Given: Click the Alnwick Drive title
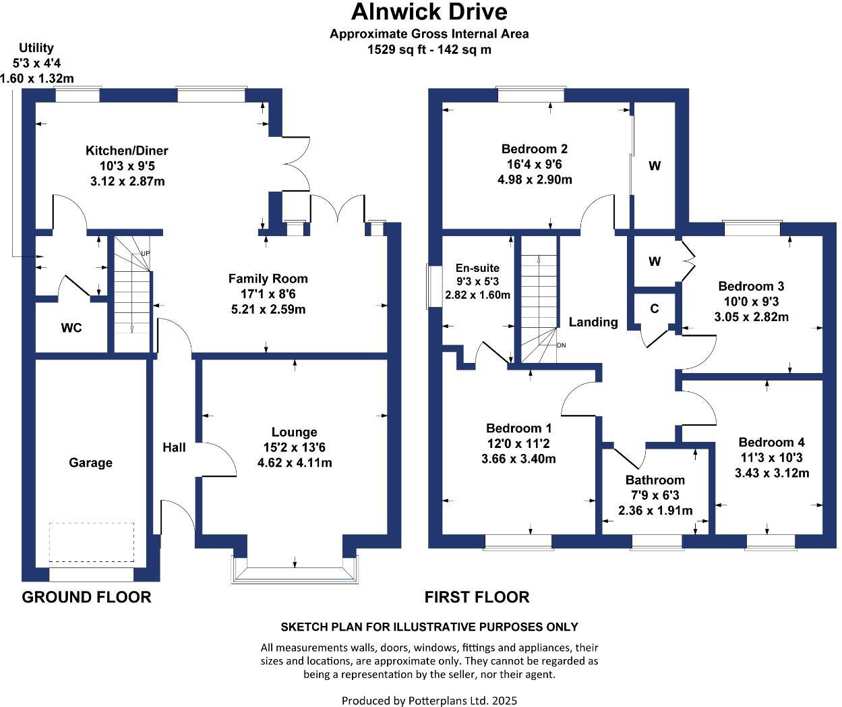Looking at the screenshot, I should tap(429, 12).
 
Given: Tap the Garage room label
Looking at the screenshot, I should tap(90, 463).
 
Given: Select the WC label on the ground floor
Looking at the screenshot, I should tap(71, 328).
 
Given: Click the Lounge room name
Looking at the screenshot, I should tap(295, 432).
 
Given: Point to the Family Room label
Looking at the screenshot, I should tap(268, 279).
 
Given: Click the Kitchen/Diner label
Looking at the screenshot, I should tap(127, 150).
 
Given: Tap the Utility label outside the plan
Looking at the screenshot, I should tap(36, 48).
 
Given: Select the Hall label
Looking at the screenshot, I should tap(174, 447).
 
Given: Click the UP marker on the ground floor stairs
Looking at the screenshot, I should tap(145, 254).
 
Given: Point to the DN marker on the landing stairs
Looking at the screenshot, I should tap(562, 345).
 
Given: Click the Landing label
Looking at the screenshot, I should tap(593, 322).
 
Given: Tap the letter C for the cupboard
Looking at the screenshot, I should tap(655, 309).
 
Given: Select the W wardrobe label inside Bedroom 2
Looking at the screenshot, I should tap(655, 166).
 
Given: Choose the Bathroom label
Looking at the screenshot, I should tap(655, 480).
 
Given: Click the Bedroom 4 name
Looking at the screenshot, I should tap(772, 443).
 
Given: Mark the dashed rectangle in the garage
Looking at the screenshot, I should tap(91, 542).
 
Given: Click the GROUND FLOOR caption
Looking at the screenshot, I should tap(86, 597).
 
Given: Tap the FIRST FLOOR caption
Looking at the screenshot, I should tap(477, 597).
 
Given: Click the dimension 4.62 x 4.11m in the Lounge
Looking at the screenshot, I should tap(295, 463).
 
